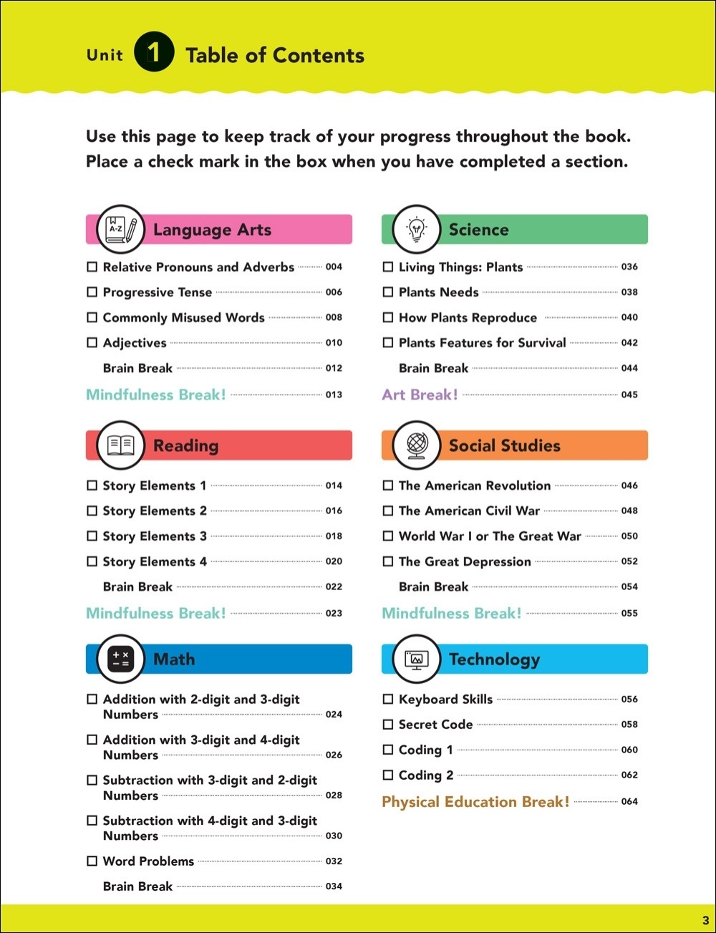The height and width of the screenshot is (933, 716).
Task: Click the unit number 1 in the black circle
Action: pos(153,53)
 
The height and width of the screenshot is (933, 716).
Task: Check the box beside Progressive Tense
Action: pos(92,292)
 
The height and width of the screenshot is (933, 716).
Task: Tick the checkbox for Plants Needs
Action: pos(387,292)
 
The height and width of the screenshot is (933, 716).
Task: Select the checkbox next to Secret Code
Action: pos(387,725)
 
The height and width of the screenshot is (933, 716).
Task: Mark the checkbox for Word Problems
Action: pos(92,861)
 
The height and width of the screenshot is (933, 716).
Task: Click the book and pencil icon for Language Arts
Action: pos(121,229)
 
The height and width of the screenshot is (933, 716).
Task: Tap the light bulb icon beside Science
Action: pos(416,229)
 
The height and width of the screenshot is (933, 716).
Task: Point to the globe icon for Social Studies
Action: pos(416,445)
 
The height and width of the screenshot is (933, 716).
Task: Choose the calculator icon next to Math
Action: pos(121,659)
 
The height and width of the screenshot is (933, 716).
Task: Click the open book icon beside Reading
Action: pos(121,445)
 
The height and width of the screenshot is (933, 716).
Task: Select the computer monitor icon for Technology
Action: pos(416,659)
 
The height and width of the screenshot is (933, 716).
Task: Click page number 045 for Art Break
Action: pos(629,395)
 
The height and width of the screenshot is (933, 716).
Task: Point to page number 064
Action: pos(629,802)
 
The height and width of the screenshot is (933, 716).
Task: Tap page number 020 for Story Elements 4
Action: pos(334,561)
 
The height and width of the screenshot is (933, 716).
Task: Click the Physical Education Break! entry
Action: pos(475,802)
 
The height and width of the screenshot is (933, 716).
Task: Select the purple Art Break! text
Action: pos(420,395)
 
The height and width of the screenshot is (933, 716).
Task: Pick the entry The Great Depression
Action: pos(465,562)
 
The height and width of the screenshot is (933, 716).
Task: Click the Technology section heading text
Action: pos(494,659)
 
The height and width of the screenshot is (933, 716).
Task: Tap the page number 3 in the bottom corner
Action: pos(705,920)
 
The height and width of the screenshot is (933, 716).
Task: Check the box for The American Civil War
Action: pos(387,511)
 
